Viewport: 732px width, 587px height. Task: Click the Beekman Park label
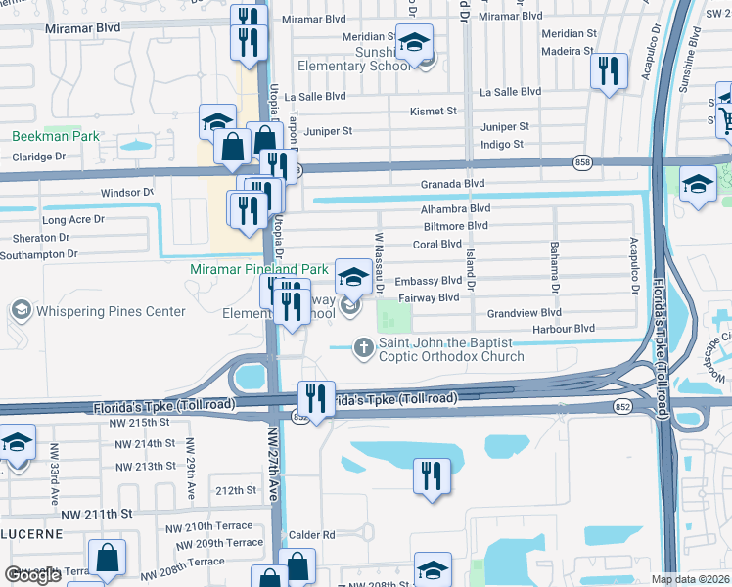(x=56, y=136)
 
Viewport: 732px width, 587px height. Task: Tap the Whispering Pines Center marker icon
(x=20, y=311)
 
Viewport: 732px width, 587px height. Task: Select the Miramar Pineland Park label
(x=259, y=268)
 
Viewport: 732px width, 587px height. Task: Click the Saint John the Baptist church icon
(x=363, y=345)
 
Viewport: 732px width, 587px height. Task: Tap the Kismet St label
(x=434, y=112)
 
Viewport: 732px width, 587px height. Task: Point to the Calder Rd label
(x=312, y=535)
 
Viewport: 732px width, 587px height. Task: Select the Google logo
(x=32, y=575)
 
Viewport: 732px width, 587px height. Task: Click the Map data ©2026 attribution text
(x=691, y=579)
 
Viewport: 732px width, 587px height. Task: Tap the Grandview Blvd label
(x=524, y=313)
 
